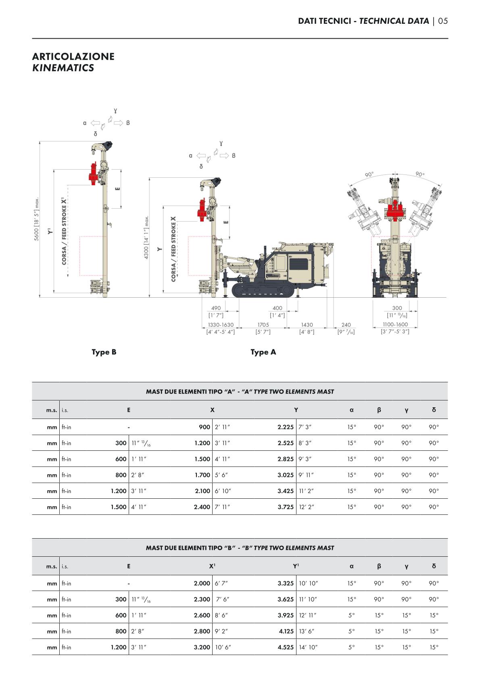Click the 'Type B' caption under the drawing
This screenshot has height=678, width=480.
(104, 352)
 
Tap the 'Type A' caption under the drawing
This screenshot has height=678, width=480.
(263, 352)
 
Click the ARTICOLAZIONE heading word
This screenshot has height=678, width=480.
(73, 56)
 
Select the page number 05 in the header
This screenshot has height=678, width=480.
(443, 21)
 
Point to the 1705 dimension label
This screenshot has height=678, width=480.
(263, 324)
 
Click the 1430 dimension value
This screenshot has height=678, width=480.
(307, 324)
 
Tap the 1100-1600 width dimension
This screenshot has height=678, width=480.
(395, 324)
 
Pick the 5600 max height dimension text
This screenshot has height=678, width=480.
(37, 219)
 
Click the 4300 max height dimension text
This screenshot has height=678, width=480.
(146, 237)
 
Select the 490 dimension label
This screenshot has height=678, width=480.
(216, 308)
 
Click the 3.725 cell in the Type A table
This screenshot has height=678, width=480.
(285, 507)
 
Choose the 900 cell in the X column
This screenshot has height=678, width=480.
(205, 427)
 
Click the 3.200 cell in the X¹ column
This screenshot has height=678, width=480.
(202, 647)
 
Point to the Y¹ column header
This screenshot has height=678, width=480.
(296, 566)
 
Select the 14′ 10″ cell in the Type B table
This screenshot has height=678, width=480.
(308, 647)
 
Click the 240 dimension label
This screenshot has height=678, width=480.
(346, 324)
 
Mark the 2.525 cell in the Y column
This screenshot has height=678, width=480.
(285, 443)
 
